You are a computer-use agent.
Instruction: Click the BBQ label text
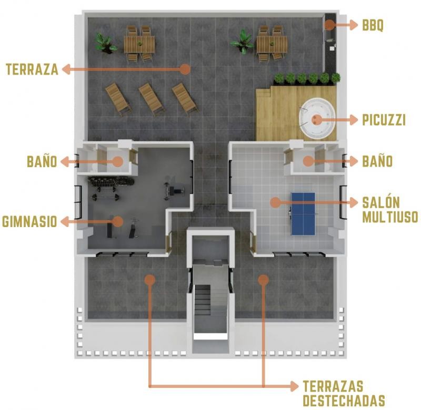(373, 25)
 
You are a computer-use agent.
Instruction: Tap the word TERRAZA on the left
(32, 69)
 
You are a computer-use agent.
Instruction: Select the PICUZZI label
(384, 120)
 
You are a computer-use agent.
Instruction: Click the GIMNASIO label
(29, 222)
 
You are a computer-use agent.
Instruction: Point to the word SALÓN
(381, 202)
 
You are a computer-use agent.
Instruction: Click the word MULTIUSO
(390, 217)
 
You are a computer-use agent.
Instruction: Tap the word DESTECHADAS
(344, 400)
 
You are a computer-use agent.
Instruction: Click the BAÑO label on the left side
(42, 161)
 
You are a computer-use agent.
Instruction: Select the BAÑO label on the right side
(377, 161)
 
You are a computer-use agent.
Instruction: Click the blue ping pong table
(304, 214)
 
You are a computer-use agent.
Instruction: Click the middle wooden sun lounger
(152, 99)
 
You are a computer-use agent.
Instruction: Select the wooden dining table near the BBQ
(272, 45)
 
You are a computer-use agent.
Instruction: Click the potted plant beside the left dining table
(105, 44)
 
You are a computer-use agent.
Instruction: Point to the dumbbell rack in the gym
(111, 181)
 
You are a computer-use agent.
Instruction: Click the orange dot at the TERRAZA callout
(185, 69)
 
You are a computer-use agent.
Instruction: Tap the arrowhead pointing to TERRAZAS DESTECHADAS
(294, 386)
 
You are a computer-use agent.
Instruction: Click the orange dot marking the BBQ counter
(330, 25)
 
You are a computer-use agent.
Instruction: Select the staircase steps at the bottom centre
(203, 300)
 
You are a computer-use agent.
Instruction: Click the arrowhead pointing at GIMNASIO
(65, 222)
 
